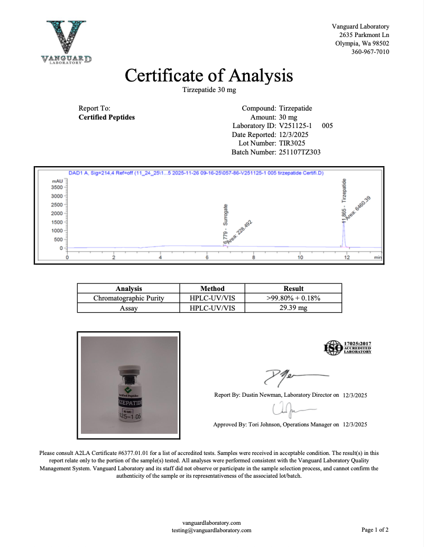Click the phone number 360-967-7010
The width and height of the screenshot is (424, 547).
[370, 52]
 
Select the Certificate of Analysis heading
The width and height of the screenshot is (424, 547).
[209, 76]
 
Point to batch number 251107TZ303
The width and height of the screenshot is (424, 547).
[299, 152]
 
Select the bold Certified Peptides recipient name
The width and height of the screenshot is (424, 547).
[106, 117]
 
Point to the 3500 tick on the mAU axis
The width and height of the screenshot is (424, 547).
[57, 187]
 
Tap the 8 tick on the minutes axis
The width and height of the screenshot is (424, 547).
[254, 258]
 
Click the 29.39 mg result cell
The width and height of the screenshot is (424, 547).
[293, 307]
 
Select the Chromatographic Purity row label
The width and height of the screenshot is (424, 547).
[128, 298]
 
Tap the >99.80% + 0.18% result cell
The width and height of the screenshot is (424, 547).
[293, 298]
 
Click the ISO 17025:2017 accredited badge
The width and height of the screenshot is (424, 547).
[347, 348]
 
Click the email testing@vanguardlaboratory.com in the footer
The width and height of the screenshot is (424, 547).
[211, 530]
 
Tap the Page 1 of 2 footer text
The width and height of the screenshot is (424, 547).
[375, 530]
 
